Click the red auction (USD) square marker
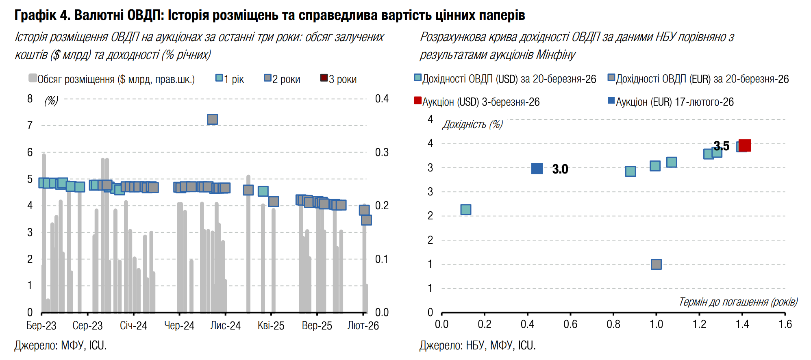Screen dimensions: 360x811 point(745,145)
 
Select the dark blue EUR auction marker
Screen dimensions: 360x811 point(537,169)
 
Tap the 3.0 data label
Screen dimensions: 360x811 point(560,169)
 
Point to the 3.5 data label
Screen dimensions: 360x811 point(722,145)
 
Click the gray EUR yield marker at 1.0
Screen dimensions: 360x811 point(656,265)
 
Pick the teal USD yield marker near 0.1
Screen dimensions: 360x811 point(466,210)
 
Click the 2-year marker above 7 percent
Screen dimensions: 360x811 point(212,119)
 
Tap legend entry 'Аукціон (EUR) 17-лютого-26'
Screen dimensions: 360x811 point(671,102)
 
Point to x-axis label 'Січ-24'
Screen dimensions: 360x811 point(133,326)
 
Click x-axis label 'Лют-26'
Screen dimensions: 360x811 point(363,326)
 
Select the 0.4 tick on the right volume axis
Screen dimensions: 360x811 point(382,99)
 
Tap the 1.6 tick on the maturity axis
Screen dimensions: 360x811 point(785,324)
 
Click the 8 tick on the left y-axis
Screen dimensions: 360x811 point(30,99)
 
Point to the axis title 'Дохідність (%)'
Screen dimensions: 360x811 point(472,124)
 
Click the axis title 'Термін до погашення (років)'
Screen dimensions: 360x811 point(738,302)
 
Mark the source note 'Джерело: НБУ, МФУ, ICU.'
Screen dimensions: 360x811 point(478,345)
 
